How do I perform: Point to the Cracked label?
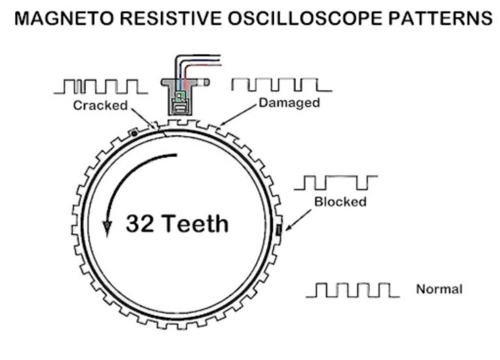[x=100, y=105]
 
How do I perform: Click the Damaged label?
[x=289, y=103]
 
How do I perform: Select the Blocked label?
[x=340, y=202]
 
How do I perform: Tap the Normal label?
[x=439, y=289]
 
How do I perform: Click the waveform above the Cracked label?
[x=101, y=87]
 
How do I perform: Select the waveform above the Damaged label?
[x=281, y=85]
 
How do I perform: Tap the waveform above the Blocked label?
[x=335, y=182]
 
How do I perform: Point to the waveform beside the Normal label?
[x=352, y=290]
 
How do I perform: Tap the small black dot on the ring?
[x=133, y=133]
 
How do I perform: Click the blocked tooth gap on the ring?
[x=277, y=230]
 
